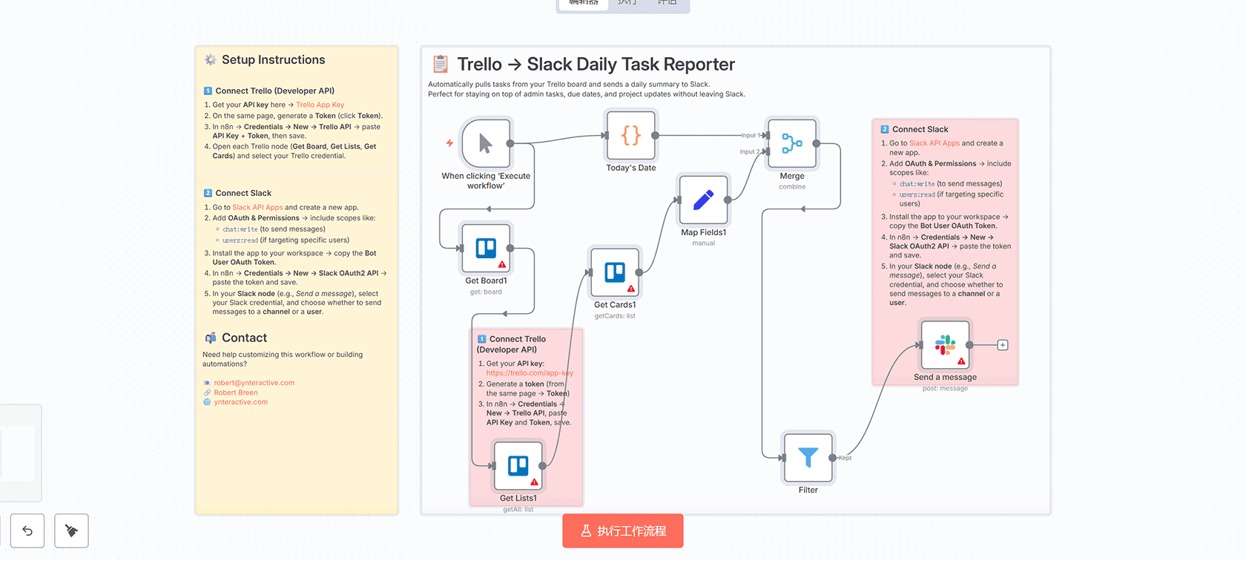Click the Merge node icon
[791, 143]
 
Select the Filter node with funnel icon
[808, 458]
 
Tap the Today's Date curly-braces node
[630, 135]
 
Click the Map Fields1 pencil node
[703, 200]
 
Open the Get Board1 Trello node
[486, 248]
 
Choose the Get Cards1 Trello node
[615, 272]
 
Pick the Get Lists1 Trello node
[518, 466]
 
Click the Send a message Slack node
[945, 345]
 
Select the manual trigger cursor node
[485, 143]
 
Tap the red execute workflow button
[622, 531]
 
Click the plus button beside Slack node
[1003, 345]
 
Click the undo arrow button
[27, 531]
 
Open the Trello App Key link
[320, 105]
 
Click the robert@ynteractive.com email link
[254, 383]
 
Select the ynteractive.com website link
[240, 402]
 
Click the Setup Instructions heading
[273, 60]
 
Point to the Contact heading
[244, 338]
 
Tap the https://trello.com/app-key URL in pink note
[530, 373]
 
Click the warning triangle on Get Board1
[502, 264]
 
